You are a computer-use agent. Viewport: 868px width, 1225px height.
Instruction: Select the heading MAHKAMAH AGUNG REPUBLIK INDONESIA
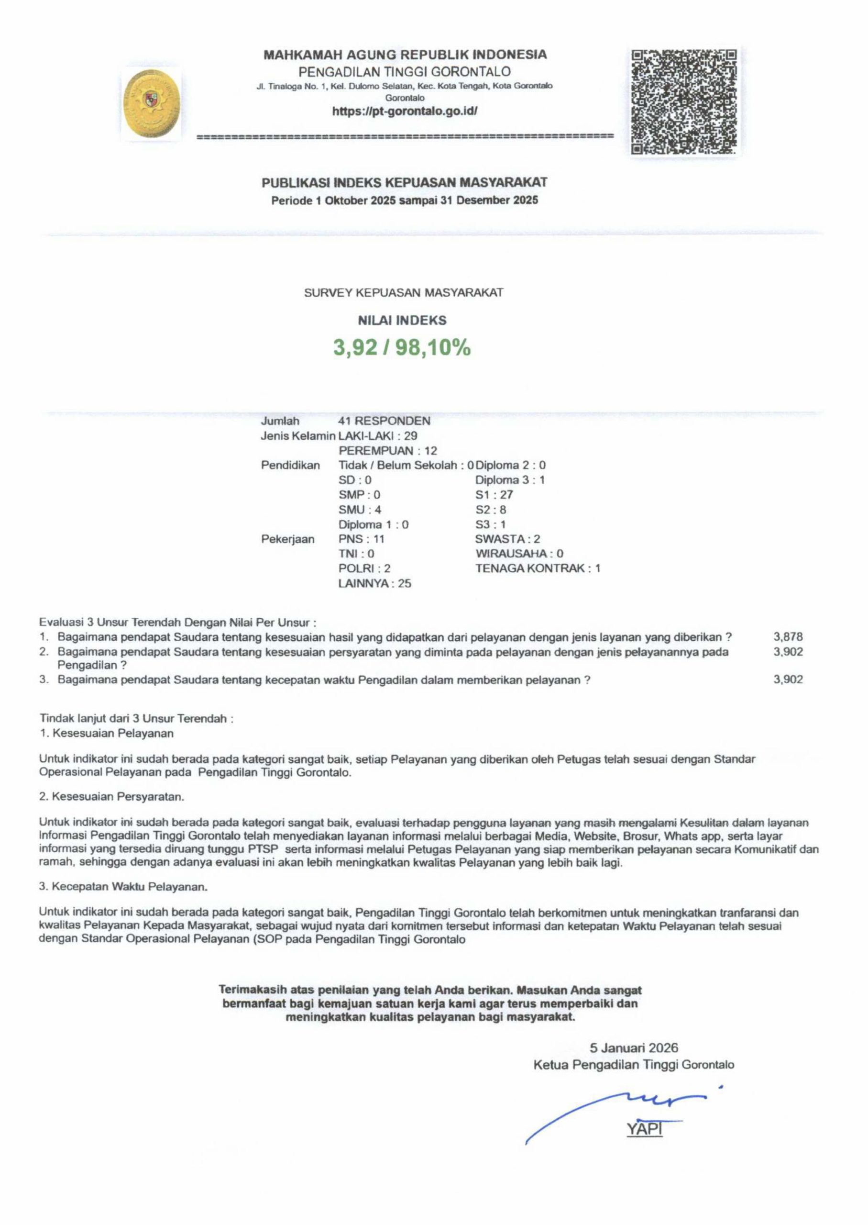(x=405, y=55)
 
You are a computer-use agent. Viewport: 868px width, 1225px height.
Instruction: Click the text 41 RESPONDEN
(x=385, y=421)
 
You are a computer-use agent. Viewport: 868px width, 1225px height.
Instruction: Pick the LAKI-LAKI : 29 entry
(x=378, y=436)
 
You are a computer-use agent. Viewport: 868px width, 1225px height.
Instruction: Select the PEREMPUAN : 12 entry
(x=387, y=451)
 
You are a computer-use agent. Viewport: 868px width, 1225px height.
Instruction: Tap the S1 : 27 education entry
(x=494, y=495)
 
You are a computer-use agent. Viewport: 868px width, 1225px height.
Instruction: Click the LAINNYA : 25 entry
(x=374, y=583)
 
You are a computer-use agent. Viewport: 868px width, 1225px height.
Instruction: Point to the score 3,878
(x=788, y=637)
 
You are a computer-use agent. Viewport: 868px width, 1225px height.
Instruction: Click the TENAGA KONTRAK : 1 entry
(x=538, y=568)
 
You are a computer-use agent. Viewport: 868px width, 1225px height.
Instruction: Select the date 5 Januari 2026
(x=633, y=1047)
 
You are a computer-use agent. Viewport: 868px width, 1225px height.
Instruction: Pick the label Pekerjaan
(x=287, y=539)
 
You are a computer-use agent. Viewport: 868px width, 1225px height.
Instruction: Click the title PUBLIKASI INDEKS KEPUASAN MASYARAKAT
(x=404, y=182)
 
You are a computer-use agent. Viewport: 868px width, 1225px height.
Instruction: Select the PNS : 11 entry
(x=362, y=539)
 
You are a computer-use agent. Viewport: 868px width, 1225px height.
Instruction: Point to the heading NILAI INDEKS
(x=402, y=320)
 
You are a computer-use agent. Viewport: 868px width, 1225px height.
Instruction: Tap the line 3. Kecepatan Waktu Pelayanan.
(x=123, y=887)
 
